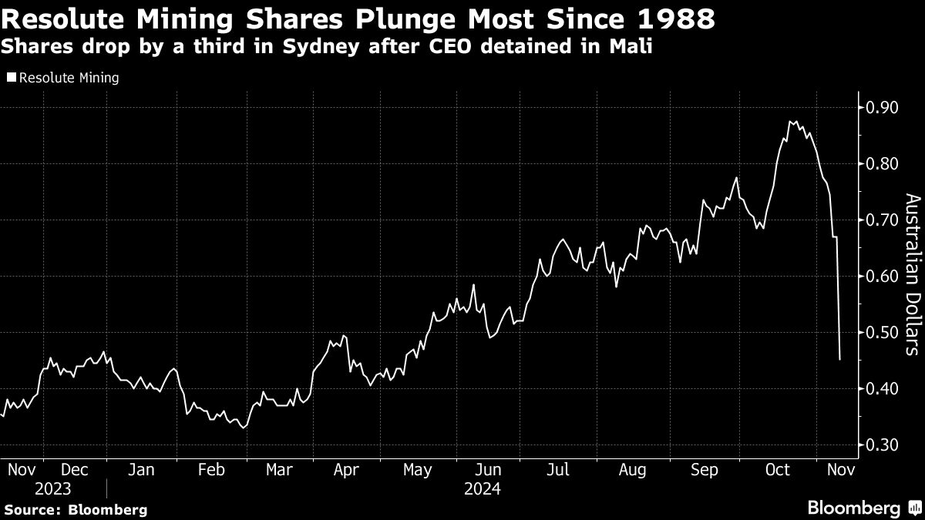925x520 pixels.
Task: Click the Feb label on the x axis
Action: (x=211, y=469)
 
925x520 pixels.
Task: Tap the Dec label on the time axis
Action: (x=74, y=469)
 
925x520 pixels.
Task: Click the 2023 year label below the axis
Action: (x=52, y=489)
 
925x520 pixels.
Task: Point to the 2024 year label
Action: (x=483, y=489)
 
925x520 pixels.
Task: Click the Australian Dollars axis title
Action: (x=912, y=275)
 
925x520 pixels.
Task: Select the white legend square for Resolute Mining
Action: (x=11, y=78)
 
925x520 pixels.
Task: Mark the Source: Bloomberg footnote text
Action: (x=76, y=509)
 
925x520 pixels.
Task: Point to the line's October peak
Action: (x=791, y=121)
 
